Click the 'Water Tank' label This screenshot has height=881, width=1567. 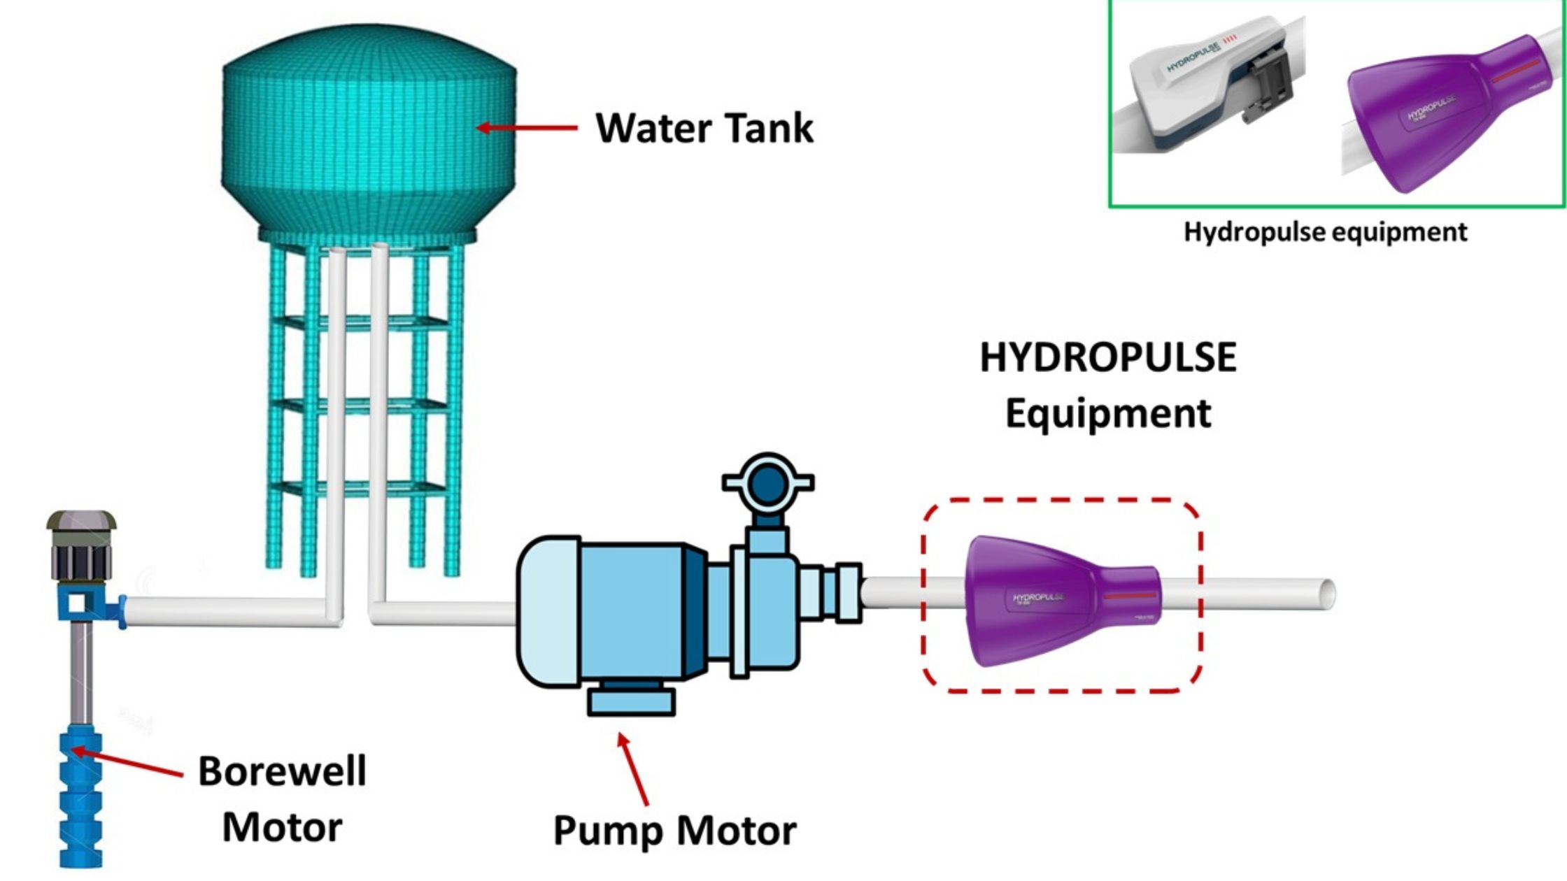(704, 128)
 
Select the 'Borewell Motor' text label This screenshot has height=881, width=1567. (282, 798)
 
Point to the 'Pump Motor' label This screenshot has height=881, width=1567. (674, 831)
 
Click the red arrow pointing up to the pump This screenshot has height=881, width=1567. (633, 769)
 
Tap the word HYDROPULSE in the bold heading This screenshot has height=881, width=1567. (1107, 357)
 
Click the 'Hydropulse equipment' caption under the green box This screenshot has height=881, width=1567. (1325, 231)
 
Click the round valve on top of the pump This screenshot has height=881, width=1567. (767, 482)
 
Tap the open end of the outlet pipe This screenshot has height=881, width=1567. (1326, 594)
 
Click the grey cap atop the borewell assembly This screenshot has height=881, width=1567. (81, 522)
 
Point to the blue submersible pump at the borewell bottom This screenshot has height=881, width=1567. (81, 797)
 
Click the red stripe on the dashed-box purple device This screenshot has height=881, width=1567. (1129, 596)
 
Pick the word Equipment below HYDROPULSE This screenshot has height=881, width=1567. (1107, 413)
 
